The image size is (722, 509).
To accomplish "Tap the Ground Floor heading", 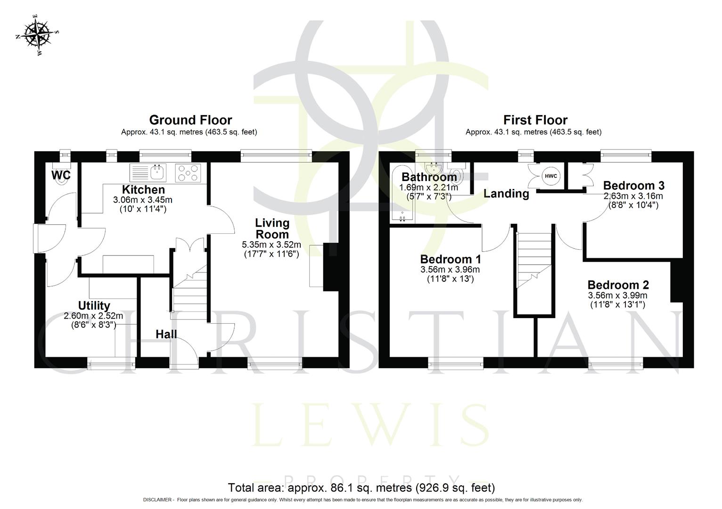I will [x=190, y=120].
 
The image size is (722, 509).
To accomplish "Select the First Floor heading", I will [x=535, y=120].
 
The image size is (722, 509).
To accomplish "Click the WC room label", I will [x=61, y=175].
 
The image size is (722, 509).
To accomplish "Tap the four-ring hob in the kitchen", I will [x=188, y=173].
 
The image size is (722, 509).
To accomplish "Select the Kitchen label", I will [x=143, y=190].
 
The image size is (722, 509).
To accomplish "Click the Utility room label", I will [x=94, y=306].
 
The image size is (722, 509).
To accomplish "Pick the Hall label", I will [x=166, y=334].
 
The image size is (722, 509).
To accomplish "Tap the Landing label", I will [x=506, y=194].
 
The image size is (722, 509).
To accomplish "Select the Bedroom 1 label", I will [x=450, y=259].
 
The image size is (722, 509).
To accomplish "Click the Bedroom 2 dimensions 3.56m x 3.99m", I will [x=617, y=296].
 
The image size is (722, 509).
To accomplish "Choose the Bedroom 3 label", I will [x=633, y=186].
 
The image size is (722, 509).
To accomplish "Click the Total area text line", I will [x=361, y=487].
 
